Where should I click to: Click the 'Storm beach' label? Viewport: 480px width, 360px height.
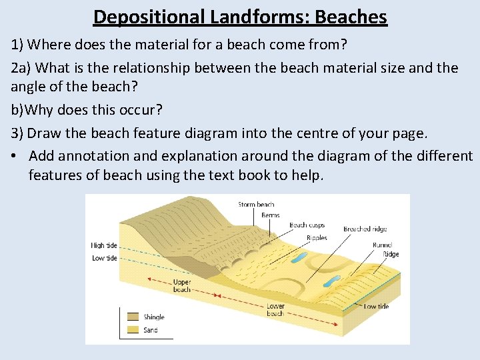pyautogui.click(x=256, y=205)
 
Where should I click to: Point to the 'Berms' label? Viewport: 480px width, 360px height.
pyautogui.click(x=270, y=215)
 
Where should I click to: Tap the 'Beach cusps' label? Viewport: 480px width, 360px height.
pyautogui.click(x=307, y=225)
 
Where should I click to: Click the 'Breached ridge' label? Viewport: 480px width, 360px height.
pyautogui.click(x=365, y=229)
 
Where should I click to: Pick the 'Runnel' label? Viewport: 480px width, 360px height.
pyautogui.click(x=383, y=245)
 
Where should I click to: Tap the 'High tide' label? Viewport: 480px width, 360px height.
pyautogui.click(x=104, y=246)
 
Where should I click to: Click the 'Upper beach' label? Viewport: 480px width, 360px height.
pyautogui.click(x=182, y=285)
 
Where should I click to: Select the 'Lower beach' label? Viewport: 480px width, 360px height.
pyautogui.click(x=275, y=310)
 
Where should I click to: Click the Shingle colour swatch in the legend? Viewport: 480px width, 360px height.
pyautogui.click(x=133, y=317)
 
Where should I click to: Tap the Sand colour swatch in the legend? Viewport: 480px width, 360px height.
pyautogui.click(x=133, y=329)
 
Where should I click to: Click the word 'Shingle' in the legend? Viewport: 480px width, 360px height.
pyautogui.click(x=154, y=317)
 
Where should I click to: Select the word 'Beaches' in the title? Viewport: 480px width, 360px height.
pyautogui.click(x=349, y=16)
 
